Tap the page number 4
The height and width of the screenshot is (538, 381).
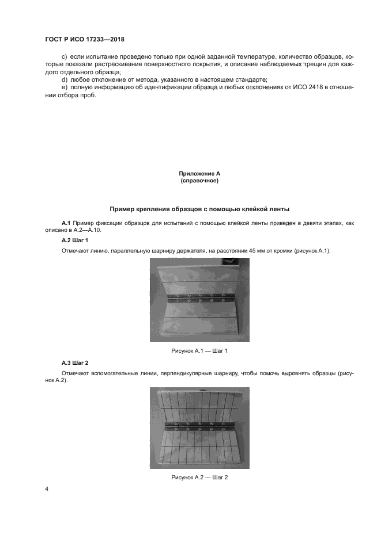click(x=46, y=490)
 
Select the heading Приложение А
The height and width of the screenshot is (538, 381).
click(x=199, y=173)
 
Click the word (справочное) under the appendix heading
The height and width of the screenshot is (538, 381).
click(x=199, y=181)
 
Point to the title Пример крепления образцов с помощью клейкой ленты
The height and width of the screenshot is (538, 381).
click(x=199, y=208)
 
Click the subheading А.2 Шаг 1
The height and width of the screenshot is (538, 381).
click(x=74, y=239)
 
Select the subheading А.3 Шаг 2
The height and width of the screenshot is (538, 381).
click(x=74, y=363)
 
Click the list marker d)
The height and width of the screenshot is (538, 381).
click(x=63, y=79)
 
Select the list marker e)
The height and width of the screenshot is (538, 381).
click(x=63, y=87)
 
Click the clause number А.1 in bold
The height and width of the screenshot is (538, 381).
click(x=66, y=222)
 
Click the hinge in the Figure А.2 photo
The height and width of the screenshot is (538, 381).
click(x=199, y=429)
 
